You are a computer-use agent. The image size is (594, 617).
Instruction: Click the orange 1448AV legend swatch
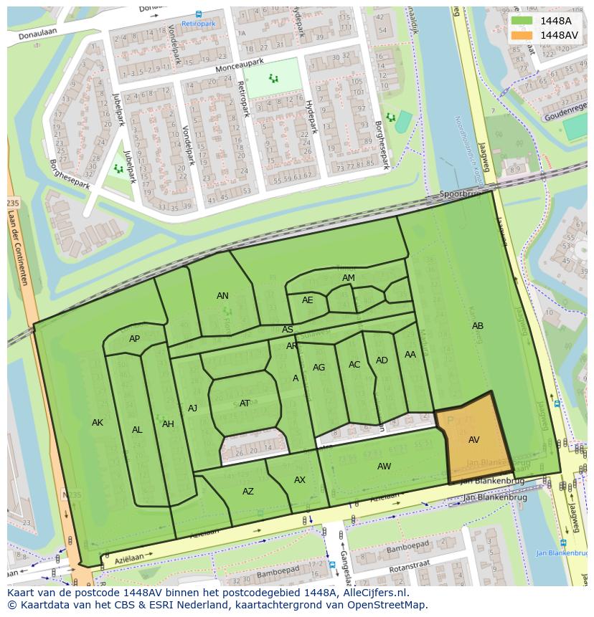tap(522, 35)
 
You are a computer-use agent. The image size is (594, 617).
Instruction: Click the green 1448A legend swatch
tap(522, 21)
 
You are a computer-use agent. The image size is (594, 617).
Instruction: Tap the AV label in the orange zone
tap(473, 440)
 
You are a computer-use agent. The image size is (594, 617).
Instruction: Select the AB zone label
tap(477, 326)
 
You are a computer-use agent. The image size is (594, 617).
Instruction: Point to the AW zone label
tap(384, 467)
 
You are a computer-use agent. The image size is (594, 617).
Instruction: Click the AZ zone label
tap(247, 492)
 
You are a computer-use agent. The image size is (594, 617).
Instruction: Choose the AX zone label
tap(300, 480)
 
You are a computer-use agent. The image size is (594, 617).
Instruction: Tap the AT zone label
tap(245, 403)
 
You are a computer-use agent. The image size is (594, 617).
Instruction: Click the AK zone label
tap(98, 423)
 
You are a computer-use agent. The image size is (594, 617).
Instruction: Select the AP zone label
tap(134, 339)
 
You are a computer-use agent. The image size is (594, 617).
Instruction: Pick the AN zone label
tap(222, 296)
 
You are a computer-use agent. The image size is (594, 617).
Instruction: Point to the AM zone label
tap(348, 278)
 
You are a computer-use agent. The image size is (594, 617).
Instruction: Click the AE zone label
tap(307, 300)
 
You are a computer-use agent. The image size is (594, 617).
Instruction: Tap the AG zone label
tap(319, 368)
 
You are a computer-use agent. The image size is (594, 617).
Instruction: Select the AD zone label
tap(382, 360)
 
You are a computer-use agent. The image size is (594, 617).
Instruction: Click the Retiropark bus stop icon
tap(199, 14)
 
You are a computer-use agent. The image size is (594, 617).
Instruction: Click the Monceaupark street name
tap(240, 66)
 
